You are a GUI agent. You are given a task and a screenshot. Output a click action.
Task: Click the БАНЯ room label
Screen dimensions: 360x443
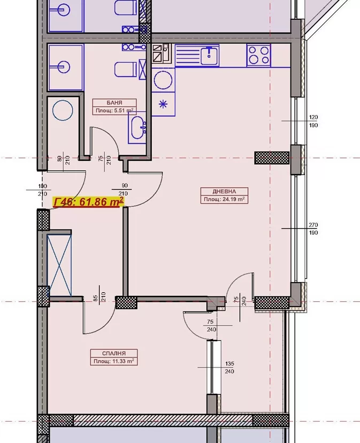point(114,103)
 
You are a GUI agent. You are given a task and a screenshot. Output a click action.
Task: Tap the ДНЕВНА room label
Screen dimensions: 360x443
point(224,191)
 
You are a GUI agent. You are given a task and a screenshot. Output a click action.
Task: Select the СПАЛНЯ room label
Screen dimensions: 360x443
point(114,353)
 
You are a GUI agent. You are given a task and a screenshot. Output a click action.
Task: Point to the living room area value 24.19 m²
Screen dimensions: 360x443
point(233,199)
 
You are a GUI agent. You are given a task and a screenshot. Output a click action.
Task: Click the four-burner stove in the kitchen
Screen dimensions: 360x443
point(258,56)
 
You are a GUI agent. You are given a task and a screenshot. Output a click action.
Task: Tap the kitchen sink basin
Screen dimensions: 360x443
point(209,56)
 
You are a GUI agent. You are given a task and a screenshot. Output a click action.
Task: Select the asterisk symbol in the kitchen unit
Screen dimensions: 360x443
point(163,104)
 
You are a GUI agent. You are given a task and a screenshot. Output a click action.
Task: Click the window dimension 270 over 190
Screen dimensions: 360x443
point(313,229)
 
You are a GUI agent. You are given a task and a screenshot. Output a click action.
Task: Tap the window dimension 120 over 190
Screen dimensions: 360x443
point(313,121)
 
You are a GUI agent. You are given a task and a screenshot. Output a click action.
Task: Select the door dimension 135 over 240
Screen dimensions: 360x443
point(229,368)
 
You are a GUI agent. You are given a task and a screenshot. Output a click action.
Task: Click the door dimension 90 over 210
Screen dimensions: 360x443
point(124,189)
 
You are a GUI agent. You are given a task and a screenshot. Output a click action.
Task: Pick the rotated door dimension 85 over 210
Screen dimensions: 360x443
point(99,296)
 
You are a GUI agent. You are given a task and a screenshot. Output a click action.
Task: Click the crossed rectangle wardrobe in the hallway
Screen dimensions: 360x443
point(59,265)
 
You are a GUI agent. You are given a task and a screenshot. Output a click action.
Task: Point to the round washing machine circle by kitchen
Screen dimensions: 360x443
point(163,80)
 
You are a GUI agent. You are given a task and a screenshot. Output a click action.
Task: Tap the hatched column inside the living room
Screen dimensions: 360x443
point(272,158)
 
